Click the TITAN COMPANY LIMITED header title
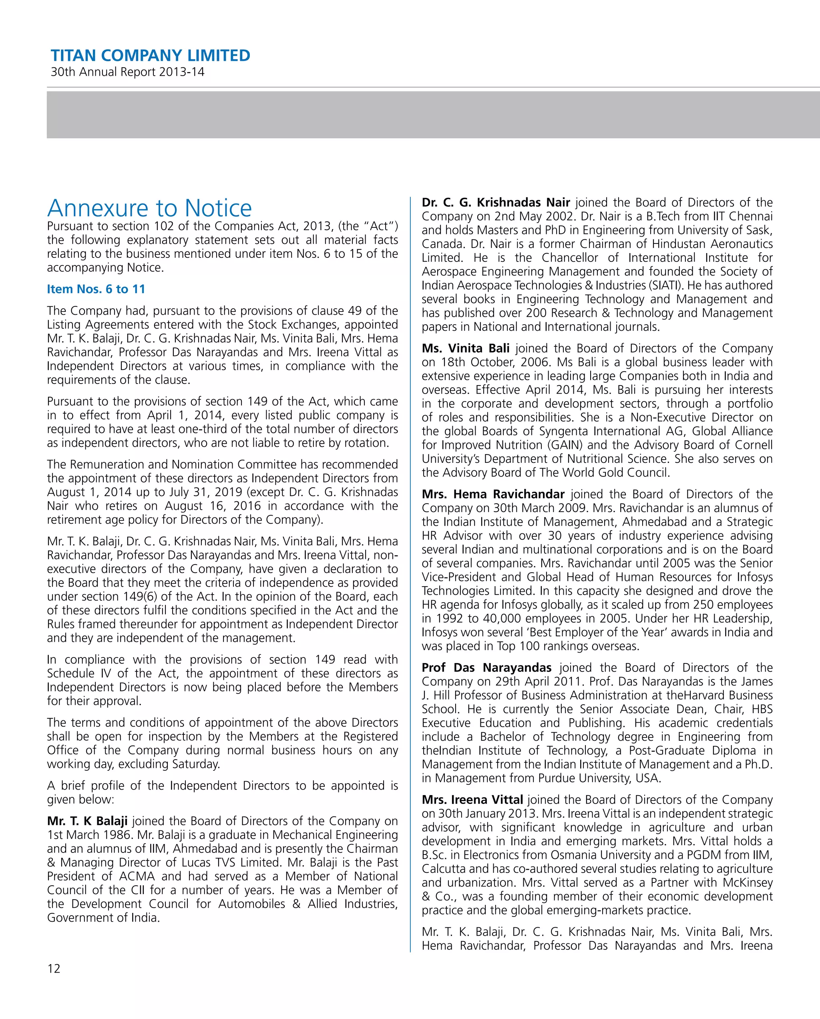coord(150,56)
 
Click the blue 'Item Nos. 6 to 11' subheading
coord(96,289)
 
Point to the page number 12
coord(54,969)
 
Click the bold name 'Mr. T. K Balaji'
coord(87,820)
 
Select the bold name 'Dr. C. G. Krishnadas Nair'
coord(496,202)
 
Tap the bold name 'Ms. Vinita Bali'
coord(466,348)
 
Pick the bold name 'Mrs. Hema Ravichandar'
coord(493,494)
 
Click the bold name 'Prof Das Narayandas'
coord(486,667)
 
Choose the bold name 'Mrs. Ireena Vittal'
coord(472,800)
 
